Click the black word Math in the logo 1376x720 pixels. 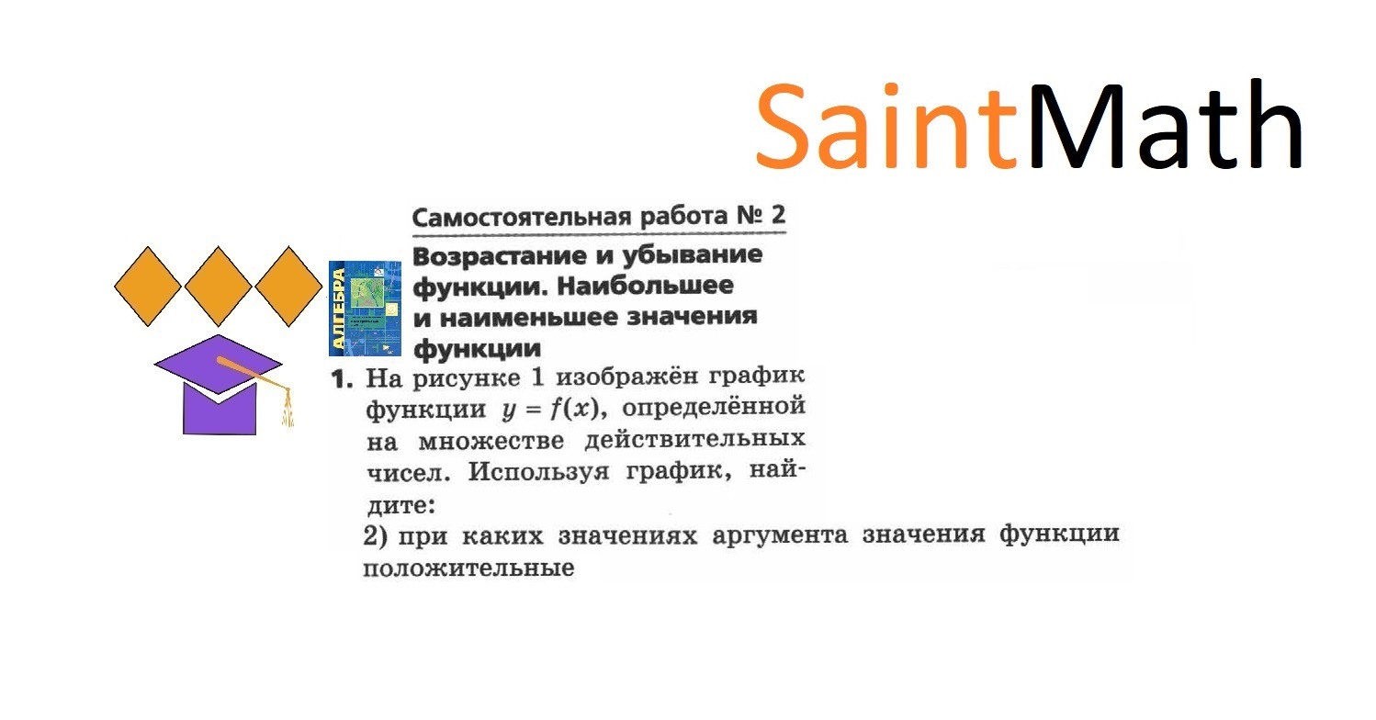tap(1165, 126)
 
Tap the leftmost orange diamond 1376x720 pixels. tap(147, 286)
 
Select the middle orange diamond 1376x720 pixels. tap(218, 286)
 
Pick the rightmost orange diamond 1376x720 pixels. tap(288, 286)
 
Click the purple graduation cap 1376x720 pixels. tap(219, 386)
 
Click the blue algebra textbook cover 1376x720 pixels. tap(365, 309)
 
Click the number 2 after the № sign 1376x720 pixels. tap(778, 217)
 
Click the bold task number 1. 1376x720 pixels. tap(342, 379)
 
